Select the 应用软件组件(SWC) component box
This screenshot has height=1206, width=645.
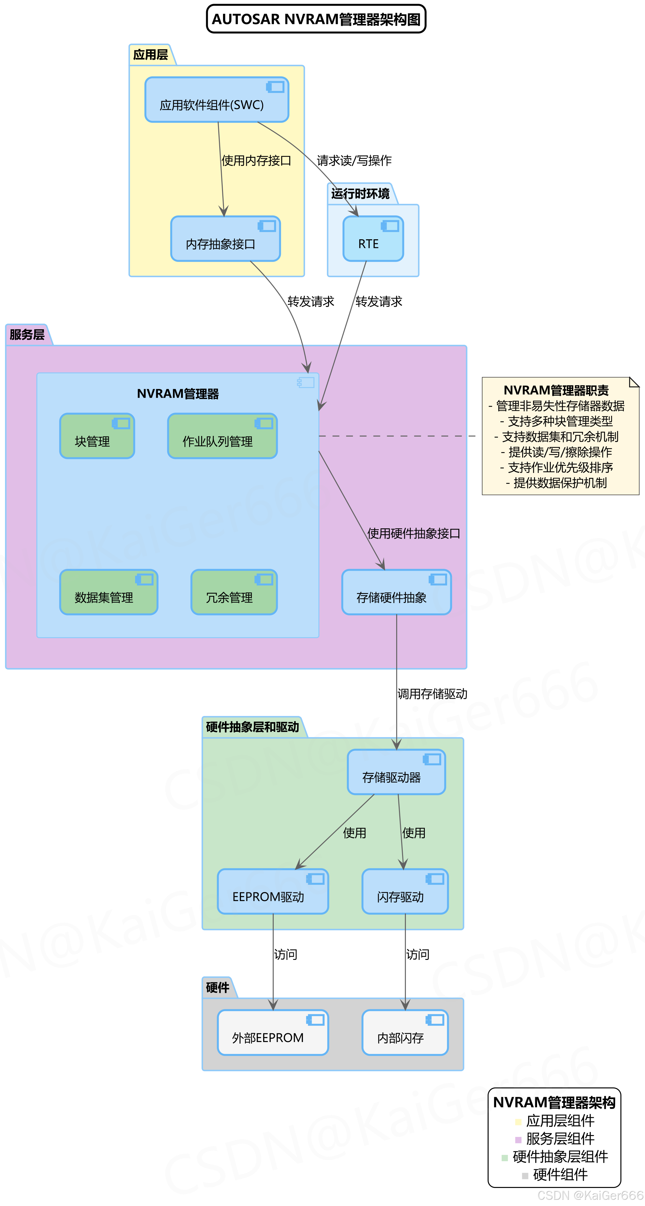pyautogui.click(x=217, y=100)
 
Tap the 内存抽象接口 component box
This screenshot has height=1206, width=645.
pyautogui.click(x=225, y=239)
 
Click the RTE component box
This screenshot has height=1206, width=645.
pyautogui.click(x=373, y=239)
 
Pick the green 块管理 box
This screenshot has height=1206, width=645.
pyautogui.click(x=97, y=436)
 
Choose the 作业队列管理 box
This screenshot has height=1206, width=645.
pyautogui.click(x=222, y=436)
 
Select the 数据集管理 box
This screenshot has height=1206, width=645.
pyautogui.click(x=109, y=592)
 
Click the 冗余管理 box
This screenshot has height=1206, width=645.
pyautogui.click(x=234, y=592)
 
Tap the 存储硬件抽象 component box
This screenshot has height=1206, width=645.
pyautogui.click(x=397, y=592)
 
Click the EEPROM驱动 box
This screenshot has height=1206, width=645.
pyautogui.click(x=273, y=891)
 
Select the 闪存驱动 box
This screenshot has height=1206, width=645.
pyautogui.click(x=405, y=891)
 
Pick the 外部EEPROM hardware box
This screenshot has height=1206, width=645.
pyautogui.click(x=273, y=1032)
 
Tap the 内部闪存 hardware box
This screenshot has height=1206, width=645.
pyautogui.click(x=405, y=1032)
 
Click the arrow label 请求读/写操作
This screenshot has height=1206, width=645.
pyautogui.click(x=354, y=161)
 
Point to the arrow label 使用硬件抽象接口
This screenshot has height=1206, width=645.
pyautogui.click(x=413, y=533)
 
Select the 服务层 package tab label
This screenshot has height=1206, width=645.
pyautogui.click(x=27, y=335)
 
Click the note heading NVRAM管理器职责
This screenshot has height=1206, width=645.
pyautogui.click(x=556, y=390)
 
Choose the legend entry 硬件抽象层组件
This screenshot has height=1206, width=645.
pyautogui.click(x=560, y=1157)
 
